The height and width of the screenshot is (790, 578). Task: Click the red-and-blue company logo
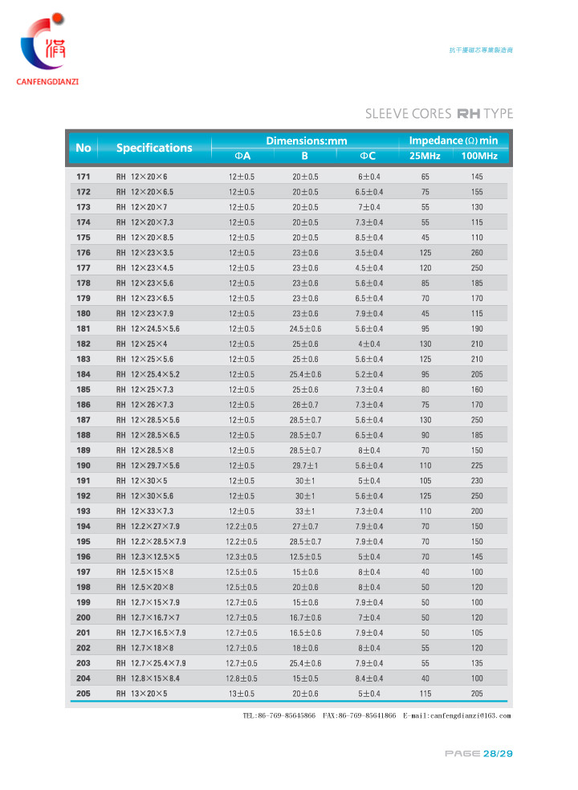pyautogui.click(x=44, y=45)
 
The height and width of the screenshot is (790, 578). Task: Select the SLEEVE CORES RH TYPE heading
pyautogui.click(x=438, y=114)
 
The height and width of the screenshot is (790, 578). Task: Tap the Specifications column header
pyautogui.click(x=154, y=148)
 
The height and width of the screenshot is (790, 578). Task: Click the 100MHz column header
pyautogui.click(x=479, y=156)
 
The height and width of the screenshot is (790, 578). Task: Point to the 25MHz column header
pyautogui.click(x=425, y=156)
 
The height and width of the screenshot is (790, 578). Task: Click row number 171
pyautogui.click(x=83, y=177)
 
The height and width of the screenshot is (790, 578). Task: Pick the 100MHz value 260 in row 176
pyautogui.click(x=477, y=253)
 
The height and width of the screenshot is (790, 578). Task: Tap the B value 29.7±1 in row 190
pyautogui.click(x=305, y=466)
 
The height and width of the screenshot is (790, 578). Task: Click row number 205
pyautogui.click(x=83, y=694)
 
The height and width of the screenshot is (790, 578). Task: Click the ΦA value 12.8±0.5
pyautogui.click(x=242, y=678)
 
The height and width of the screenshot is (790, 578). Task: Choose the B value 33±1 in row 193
pyautogui.click(x=305, y=511)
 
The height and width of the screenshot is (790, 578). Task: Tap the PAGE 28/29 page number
pyautogui.click(x=478, y=753)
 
